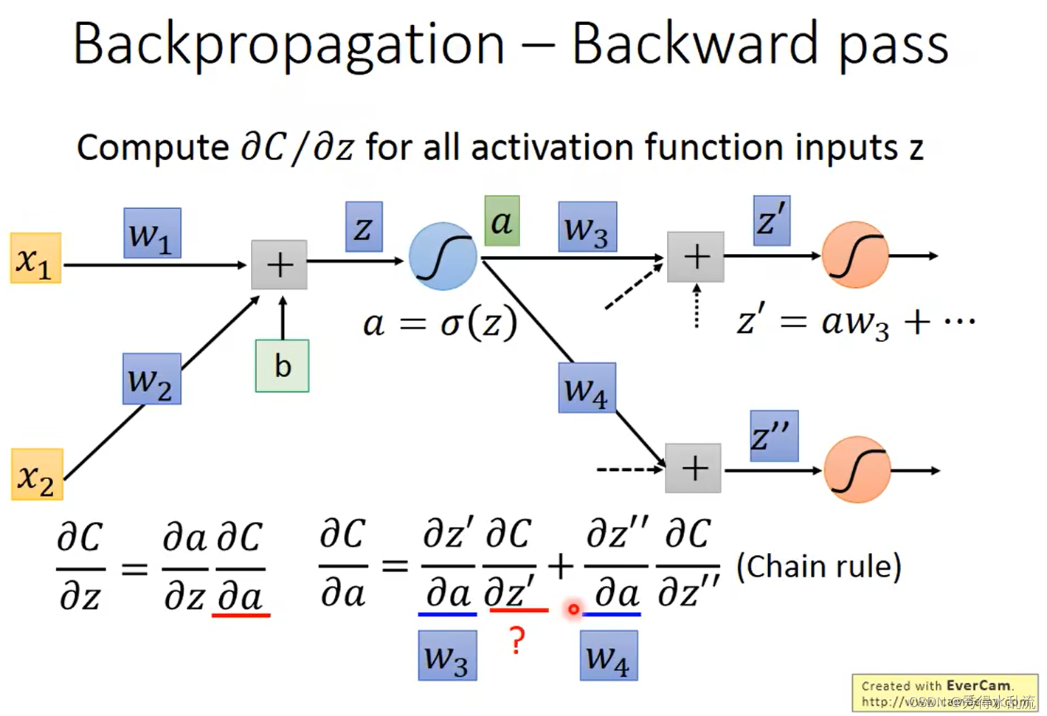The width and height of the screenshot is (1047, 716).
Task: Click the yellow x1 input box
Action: (x=35, y=258)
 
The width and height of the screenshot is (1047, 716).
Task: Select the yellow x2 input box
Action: (x=36, y=475)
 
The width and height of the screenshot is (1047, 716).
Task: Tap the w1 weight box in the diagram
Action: (x=152, y=233)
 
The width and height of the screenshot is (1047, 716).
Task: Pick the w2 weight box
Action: (x=151, y=379)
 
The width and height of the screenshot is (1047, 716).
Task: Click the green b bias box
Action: (x=282, y=365)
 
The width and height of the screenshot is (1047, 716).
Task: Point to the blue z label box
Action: (x=363, y=227)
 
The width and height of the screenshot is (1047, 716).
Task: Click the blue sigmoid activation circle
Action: (x=443, y=256)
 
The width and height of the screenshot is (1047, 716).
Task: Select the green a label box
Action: (x=502, y=221)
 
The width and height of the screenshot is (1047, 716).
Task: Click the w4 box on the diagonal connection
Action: (x=587, y=388)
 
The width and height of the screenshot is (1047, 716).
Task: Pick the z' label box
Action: (x=772, y=220)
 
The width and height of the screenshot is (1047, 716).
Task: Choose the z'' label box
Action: (x=773, y=436)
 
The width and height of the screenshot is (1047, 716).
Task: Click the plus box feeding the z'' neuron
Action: (x=693, y=468)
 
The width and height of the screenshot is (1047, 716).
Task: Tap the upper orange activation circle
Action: (x=855, y=255)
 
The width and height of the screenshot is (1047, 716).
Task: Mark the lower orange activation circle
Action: (x=857, y=470)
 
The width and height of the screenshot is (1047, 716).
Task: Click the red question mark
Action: (x=517, y=641)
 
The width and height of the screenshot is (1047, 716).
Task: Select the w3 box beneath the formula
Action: (x=447, y=655)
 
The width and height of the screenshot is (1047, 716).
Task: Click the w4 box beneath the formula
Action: (x=608, y=655)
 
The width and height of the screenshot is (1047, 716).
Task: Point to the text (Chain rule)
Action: (x=819, y=567)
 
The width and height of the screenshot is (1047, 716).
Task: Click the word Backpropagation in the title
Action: (x=288, y=44)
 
